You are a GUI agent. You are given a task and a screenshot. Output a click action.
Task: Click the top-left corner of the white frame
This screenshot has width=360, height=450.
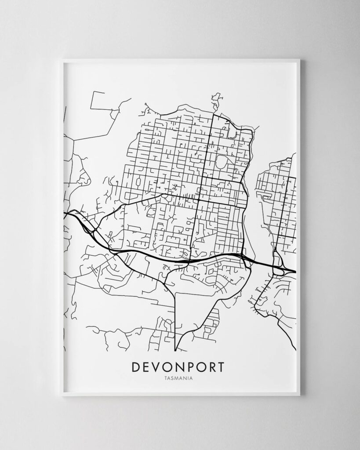pyautogui.click(x=62, y=60)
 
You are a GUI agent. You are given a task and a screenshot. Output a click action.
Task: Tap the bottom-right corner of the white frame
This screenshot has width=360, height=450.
pyautogui.click(x=299, y=395)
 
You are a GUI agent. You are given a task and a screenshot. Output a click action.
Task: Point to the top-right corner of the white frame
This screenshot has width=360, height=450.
pyautogui.click(x=299, y=60)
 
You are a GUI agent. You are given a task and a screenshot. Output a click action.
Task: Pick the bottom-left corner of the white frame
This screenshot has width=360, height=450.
pyautogui.click(x=62, y=395)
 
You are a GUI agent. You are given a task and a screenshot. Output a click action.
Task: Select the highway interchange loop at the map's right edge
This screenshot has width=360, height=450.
pyautogui.click(x=279, y=266)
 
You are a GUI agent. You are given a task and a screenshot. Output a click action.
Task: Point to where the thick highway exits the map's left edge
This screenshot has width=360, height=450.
pyautogui.click(x=65, y=214)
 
